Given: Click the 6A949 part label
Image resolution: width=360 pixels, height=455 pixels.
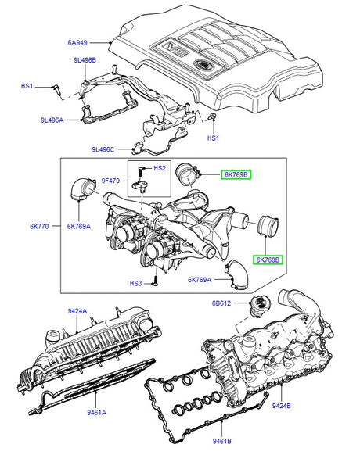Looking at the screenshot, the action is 77,43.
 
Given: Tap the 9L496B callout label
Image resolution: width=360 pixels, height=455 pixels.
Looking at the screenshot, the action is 85,60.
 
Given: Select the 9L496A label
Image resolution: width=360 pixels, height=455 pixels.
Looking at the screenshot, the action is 52,120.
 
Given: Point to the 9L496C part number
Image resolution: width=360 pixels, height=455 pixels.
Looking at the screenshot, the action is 103,149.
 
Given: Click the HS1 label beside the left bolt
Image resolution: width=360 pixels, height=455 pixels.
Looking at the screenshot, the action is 27,86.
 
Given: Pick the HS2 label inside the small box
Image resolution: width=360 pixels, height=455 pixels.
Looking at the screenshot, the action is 160,168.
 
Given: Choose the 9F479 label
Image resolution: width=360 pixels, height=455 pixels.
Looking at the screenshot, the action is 110,181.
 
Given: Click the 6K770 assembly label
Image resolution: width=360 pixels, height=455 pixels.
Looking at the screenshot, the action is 39,226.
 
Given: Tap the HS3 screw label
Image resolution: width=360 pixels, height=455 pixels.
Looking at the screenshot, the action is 135,283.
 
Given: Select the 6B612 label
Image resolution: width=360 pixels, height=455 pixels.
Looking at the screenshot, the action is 221,303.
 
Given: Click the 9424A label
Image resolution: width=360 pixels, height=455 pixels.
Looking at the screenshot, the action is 77,311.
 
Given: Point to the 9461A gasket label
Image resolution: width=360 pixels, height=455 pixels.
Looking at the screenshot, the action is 97,412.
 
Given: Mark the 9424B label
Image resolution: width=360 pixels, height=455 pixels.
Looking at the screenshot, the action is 281,406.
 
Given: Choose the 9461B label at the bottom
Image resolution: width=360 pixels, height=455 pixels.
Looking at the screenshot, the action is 221,441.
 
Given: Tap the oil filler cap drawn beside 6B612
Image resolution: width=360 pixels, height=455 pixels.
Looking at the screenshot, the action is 260,307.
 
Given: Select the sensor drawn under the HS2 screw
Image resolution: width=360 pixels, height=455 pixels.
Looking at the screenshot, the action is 139,186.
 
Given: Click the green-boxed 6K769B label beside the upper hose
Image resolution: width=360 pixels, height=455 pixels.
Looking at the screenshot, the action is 236,174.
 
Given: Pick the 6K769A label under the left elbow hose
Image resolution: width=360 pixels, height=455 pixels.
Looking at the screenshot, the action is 79,227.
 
